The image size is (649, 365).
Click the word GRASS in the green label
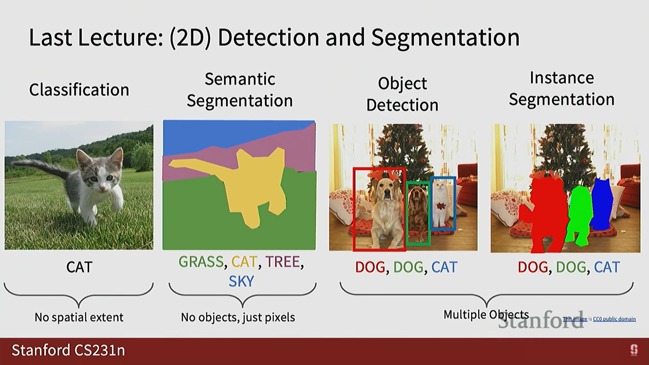pos(201,262)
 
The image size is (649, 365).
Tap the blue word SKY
pos(241,282)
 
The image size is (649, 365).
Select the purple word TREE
pos(283,262)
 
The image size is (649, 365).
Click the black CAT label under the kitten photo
pos(79,267)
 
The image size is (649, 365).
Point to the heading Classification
pos(79,90)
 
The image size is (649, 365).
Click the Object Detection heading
pos(402,94)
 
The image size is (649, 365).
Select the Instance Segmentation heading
pos(561,89)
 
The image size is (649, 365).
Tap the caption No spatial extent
pos(79,317)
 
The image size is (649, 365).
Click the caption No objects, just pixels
pos(238,317)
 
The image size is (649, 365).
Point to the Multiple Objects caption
pos(486,315)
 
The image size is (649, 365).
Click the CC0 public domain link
pos(614,319)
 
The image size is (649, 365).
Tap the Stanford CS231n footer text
pos(68,350)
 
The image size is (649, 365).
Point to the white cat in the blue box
pos(440,203)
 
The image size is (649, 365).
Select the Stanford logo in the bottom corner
pos(634,350)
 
